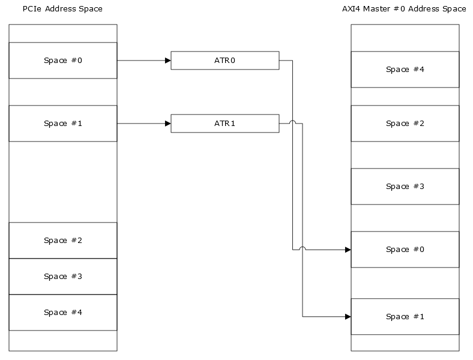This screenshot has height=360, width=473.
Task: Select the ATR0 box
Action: [224, 61]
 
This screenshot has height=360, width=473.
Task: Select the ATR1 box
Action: [224, 124]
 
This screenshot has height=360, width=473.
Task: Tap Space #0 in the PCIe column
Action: [63, 61]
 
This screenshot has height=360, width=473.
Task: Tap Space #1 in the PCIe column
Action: [63, 124]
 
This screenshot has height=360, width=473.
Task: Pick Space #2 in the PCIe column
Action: [63, 241]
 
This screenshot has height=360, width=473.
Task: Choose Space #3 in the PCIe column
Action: [63, 277]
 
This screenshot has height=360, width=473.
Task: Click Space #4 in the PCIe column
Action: [63, 313]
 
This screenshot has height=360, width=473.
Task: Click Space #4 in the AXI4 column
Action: [405, 70]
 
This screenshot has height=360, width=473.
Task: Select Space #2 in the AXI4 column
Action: [405, 124]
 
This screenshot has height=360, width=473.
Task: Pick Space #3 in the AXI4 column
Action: [405, 187]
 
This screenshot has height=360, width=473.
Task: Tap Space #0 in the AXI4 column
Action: [405, 250]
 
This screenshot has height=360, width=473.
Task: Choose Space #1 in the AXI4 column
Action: [405, 317]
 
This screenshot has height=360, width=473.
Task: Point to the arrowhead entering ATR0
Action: [167, 61]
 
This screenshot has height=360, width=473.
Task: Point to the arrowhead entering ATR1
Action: [167, 124]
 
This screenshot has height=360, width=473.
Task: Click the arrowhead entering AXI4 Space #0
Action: [348, 250]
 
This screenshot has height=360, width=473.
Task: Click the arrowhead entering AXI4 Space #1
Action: [348, 317]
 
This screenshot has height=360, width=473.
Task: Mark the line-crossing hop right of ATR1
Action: [293, 122]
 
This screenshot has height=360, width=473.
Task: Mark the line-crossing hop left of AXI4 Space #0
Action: [303, 248]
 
